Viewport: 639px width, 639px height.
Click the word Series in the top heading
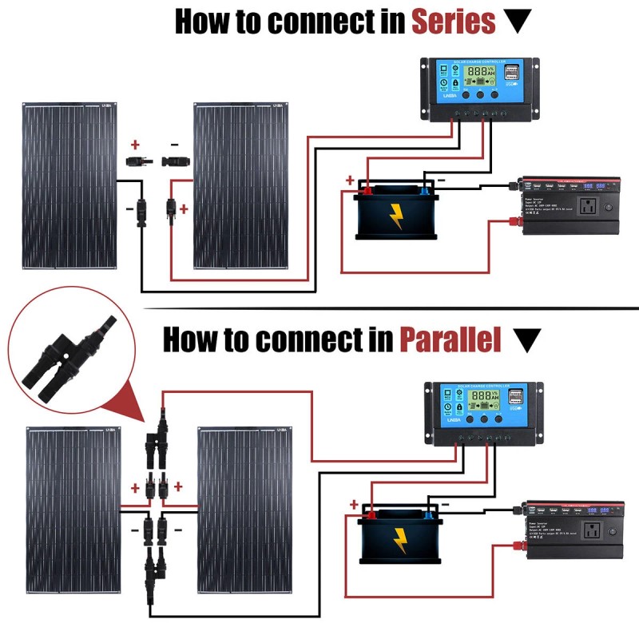[x=453, y=22]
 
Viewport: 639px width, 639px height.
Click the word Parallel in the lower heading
[x=450, y=340]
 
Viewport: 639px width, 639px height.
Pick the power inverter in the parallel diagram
[x=574, y=532]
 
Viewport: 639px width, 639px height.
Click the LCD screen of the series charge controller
[x=479, y=73]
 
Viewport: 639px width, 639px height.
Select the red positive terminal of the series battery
[x=369, y=189]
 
